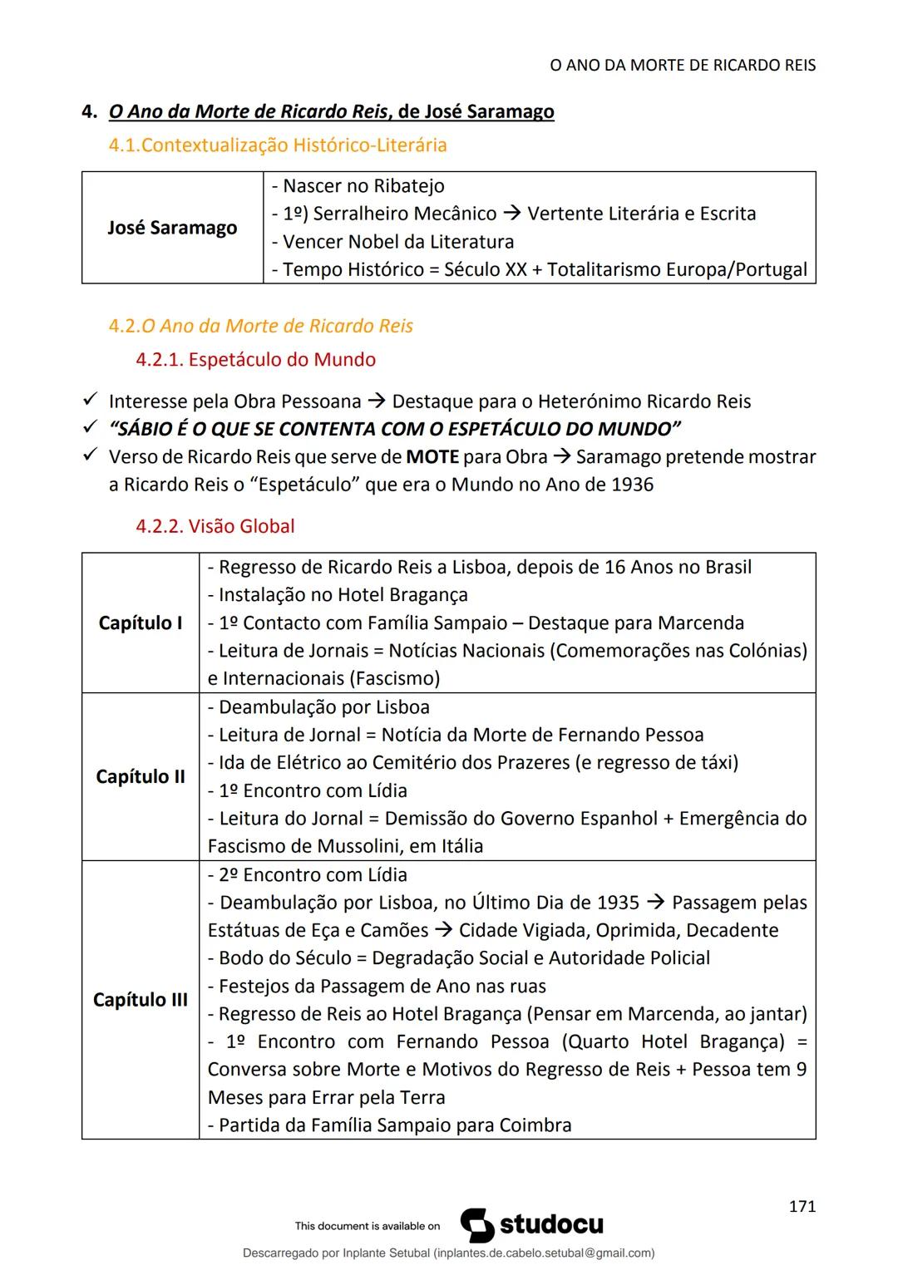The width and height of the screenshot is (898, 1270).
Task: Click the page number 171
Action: point(802,1207)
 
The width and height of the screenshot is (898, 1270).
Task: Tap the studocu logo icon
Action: point(476,1225)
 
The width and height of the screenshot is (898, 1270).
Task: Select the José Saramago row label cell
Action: point(172,228)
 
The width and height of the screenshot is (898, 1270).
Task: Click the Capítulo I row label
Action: point(141,623)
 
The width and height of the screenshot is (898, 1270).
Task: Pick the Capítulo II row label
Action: point(141,776)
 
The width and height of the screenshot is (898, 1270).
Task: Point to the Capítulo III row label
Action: point(141,999)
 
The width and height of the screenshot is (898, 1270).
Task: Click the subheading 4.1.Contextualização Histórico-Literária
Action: point(278,145)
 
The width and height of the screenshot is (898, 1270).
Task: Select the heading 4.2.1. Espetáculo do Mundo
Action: point(255,360)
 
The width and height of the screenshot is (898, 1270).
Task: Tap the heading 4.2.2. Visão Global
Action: point(215,526)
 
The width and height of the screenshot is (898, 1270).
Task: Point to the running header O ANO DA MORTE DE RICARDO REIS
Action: point(683,65)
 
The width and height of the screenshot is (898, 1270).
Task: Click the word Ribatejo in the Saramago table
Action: point(408,186)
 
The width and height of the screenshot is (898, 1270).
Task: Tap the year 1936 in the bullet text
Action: point(633,485)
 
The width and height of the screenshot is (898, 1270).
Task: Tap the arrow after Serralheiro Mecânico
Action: point(511,214)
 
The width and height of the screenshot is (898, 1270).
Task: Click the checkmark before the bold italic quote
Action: point(91,429)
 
